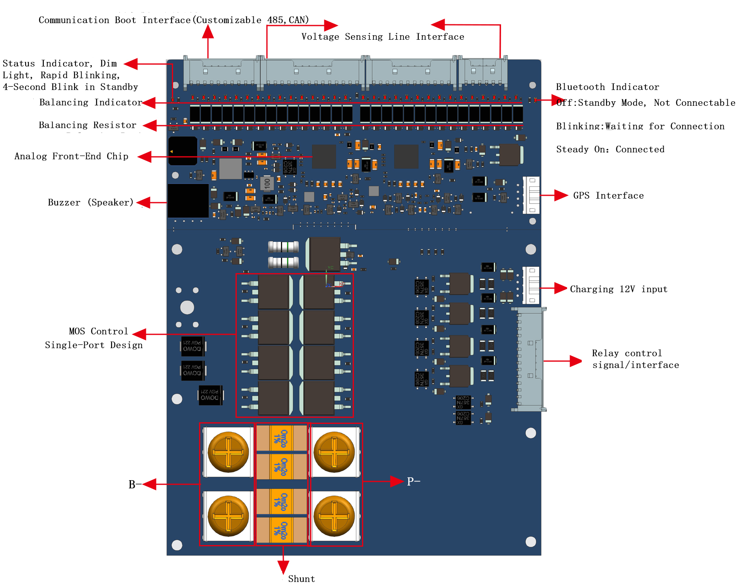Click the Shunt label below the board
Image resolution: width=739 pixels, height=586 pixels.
(301, 578)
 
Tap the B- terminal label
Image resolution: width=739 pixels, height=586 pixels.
(135, 484)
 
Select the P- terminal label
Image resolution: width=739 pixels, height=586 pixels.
(413, 481)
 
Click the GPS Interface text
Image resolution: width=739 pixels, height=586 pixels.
(608, 195)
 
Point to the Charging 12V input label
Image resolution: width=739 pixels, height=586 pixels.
(618, 289)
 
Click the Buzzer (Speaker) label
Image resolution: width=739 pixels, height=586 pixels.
(90, 202)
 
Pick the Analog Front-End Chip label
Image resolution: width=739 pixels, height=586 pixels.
(71, 156)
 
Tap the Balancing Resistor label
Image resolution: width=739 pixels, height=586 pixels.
(87, 125)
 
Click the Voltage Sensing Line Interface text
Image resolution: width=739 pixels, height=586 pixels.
(382, 36)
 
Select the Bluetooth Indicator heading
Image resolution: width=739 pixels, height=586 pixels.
(607, 87)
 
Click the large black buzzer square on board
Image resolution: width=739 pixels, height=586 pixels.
(188, 201)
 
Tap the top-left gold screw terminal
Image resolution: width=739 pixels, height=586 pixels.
(228, 452)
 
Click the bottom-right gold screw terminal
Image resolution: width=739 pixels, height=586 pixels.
(334, 516)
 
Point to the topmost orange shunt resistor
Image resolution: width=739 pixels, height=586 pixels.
(282, 438)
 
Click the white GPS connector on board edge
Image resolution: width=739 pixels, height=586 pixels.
(531, 195)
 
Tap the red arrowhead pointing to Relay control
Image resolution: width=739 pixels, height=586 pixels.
(575, 361)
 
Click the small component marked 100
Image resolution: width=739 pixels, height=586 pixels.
(267, 184)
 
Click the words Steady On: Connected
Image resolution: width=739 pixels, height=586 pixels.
(610, 149)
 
